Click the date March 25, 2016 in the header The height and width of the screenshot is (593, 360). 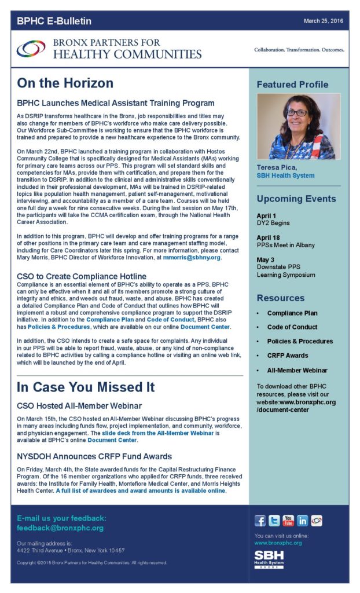point(324,21)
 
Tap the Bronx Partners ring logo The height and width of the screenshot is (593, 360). point(31,49)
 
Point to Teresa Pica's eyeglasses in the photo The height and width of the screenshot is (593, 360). point(297,112)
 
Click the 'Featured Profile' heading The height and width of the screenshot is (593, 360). point(292,85)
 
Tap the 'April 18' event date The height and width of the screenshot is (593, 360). point(267,237)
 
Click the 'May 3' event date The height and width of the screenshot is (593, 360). point(265,259)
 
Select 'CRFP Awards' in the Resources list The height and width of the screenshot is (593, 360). point(287,356)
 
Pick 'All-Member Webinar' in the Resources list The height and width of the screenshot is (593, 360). point(297,370)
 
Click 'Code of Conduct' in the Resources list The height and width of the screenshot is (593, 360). point(292,327)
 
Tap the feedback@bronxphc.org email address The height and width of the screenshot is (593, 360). point(60,528)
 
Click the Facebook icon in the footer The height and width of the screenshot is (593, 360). point(260,521)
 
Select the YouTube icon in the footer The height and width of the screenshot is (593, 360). point(288,521)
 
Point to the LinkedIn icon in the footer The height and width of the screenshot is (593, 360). point(302,521)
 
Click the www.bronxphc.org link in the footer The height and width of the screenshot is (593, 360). point(278,543)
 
